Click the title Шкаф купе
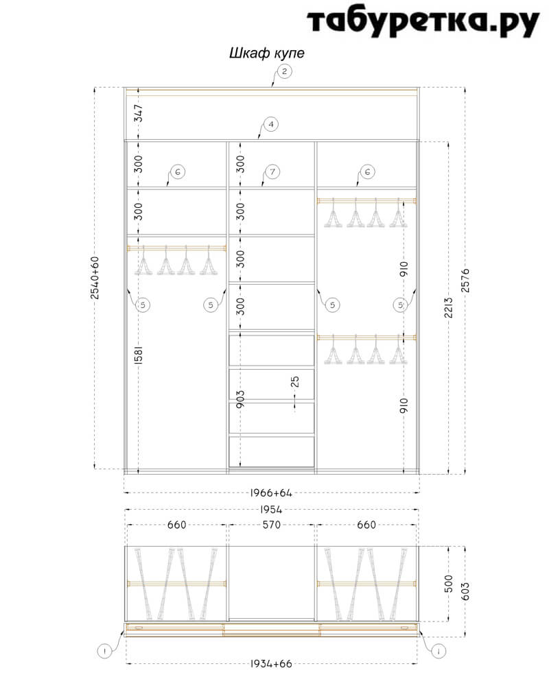point(267,54)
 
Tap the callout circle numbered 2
point(285,71)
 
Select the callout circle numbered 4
point(271,124)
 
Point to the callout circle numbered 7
point(272,171)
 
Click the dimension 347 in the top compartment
point(139,113)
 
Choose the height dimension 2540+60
point(95,278)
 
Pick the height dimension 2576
point(465,281)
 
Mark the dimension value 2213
point(448,308)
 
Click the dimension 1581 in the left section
point(139,355)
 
